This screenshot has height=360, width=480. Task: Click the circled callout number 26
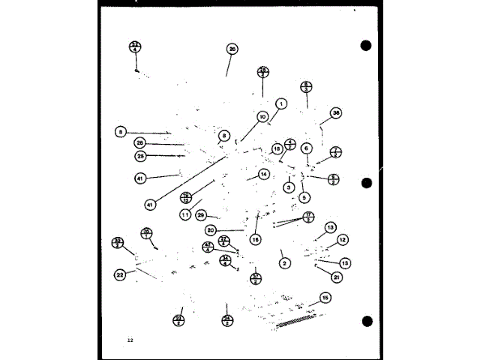[x=232, y=49]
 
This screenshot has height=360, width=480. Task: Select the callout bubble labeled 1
[x=281, y=103]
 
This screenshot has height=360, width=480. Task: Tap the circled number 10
[x=262, y=116]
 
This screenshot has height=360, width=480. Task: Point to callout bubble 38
[x=335, y=112]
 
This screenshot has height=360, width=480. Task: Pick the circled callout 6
[x=307, y=148]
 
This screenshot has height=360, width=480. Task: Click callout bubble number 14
[x=263, y=173]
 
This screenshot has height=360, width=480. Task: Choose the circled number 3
[x=287, y=187]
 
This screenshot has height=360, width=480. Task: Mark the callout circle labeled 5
[x=304, y=198]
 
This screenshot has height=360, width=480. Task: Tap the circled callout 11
[x=184, y=214]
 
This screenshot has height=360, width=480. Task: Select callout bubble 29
[x=201, y=214]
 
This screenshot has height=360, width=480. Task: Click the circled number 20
[x=211, y=230]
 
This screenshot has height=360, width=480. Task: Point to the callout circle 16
[x=255, y=239]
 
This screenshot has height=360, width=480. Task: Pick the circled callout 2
[x=284, y=263]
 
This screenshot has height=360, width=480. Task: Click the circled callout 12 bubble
[x=342, y=240]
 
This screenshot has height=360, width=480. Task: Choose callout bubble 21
[x=337, y=277]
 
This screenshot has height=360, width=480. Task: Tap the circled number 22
[x=120, y=274]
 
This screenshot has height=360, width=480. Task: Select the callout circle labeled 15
[x=325, y=298]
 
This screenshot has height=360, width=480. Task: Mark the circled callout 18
[x=277, y=148]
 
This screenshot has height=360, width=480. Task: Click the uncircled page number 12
[x=130, y=340]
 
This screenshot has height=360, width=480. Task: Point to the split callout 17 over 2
[x=308, y=217]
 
